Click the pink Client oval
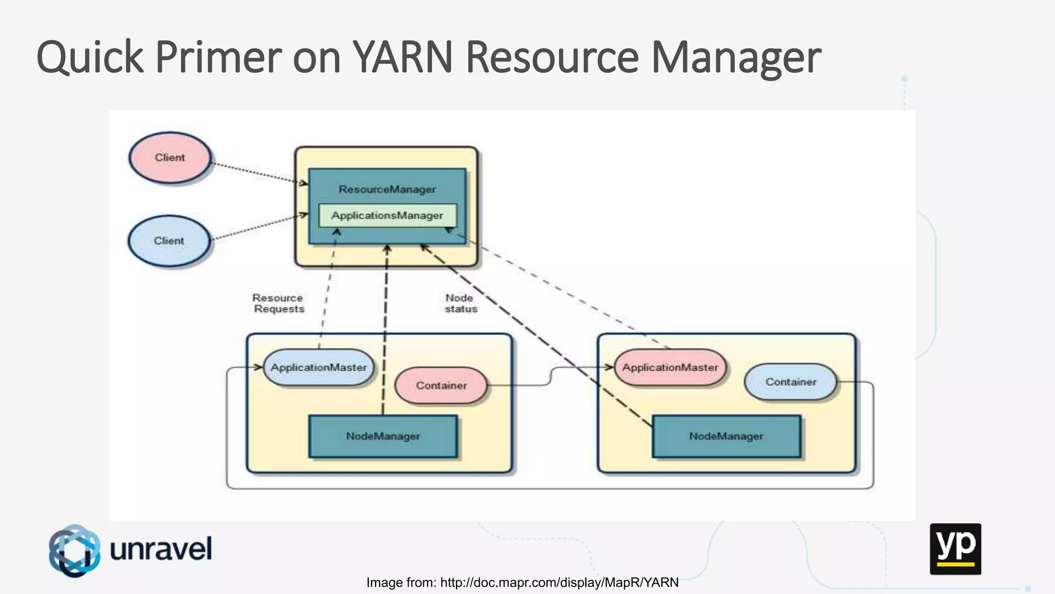[x=169, y=158]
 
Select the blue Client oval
[x=169, y=241]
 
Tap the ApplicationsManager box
[x=387, y=216]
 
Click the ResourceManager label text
[x=387, y=189]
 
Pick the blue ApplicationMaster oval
[x=318, y=368]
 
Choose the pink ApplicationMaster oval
[x=670, y=368]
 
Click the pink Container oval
[x=441, y=386]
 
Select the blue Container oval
[x=790, y=382]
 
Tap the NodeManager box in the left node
[x=383, y=436]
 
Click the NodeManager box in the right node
[x=726, y=436]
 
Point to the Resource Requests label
[x=278, y=303]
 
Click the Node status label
[x=461, y=303]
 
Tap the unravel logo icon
[x=75, y=550]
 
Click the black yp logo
[x=955, y=549]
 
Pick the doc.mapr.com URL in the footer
[x=559, y=583]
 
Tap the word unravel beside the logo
[x=161, y=549]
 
